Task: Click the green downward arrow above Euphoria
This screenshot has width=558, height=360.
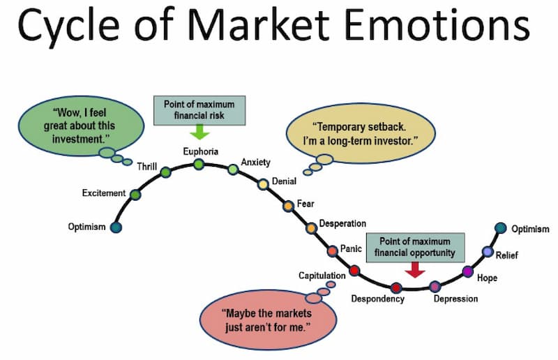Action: (x=199, y=132)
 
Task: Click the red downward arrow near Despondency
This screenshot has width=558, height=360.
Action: (x=415, y=270)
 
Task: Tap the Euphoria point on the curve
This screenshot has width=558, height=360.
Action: (x=199, y=164)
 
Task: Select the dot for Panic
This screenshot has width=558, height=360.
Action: (x=333, y=250)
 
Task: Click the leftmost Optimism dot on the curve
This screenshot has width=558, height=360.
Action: (x=116, y=227)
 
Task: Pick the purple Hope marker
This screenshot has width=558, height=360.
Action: (x=467, y=271)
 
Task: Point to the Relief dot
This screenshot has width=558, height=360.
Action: (x=488, y=252)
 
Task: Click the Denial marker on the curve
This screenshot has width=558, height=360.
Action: (x=263, y=184)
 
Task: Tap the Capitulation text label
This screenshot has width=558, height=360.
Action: (x=322, y=276)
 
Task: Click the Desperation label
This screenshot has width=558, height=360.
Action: (x=342, y=223)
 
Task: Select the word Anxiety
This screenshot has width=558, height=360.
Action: (x=255, y=162)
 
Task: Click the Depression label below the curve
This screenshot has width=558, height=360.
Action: (x=455, y=299)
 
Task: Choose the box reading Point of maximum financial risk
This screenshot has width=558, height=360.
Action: (x=199, y=110)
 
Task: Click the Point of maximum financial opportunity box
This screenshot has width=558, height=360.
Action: (x=415, y=248)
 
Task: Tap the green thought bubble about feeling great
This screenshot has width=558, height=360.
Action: (x=81, y=126)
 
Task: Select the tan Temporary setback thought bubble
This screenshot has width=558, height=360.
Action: (x=361, y=134)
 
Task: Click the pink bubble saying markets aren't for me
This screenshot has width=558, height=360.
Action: (x=268, y=320)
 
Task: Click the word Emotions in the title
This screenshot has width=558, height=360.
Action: (x=437, y=25)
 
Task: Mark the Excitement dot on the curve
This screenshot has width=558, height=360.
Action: (x=135, y=195)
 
